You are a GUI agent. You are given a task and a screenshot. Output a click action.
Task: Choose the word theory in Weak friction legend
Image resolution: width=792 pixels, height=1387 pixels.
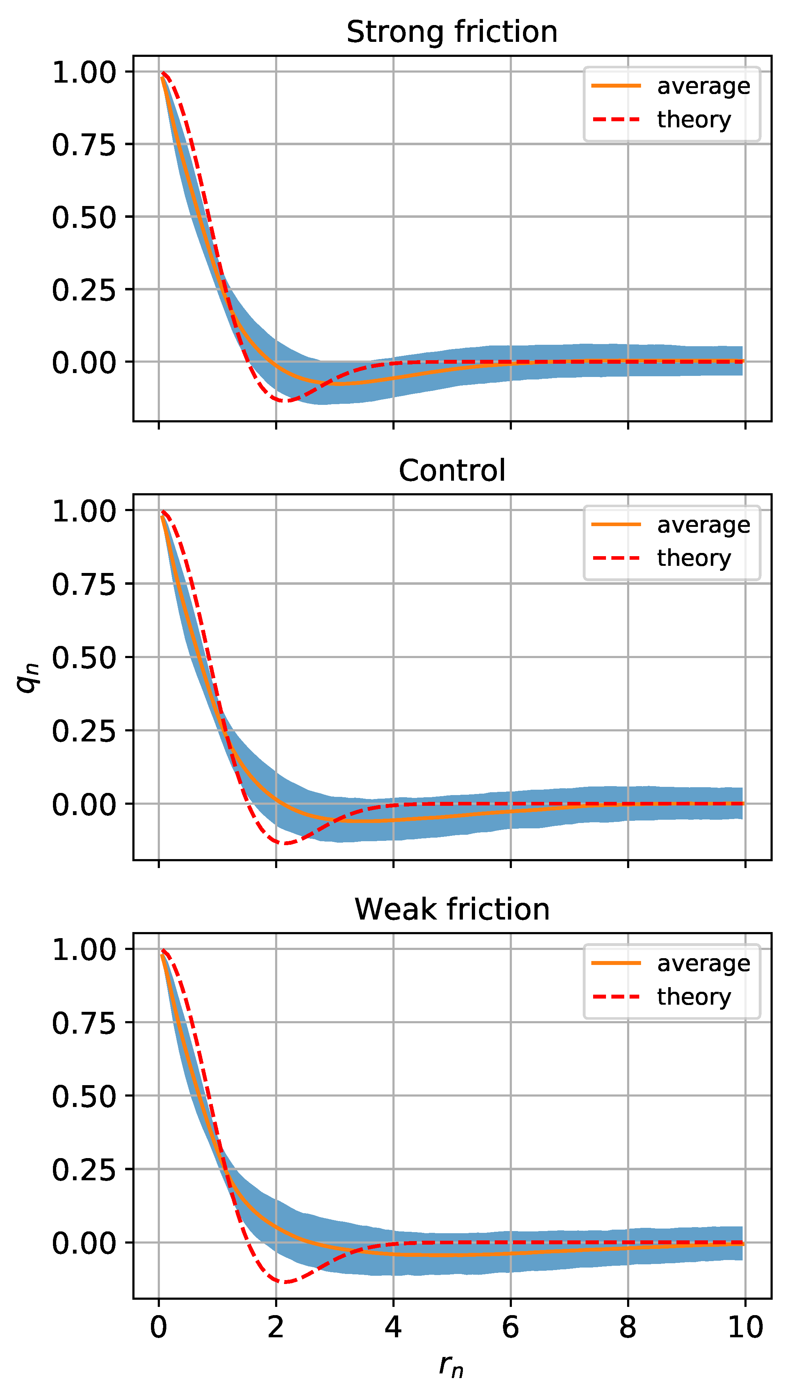point(694,997)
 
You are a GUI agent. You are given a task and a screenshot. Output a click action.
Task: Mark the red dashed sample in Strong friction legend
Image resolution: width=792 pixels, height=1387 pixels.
point(616,119)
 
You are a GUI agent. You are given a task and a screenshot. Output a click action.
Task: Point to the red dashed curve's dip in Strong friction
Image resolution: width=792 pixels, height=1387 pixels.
point(285,401)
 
